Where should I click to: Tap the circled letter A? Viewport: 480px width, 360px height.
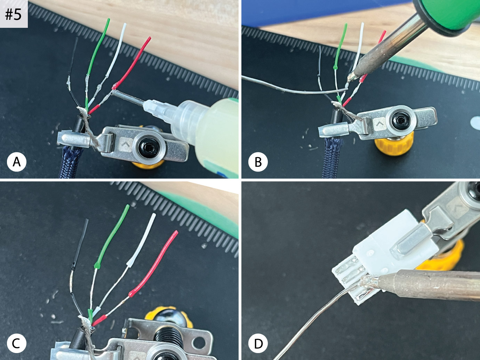pyautogui.click(x=17, y=162)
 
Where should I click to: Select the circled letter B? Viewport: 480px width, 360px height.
pyautogui.click(x=258, y=162)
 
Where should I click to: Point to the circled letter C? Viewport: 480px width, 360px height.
pyautogui.click(x=17, y=343)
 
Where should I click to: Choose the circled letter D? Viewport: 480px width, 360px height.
pyautogui.click(x=258, y=343)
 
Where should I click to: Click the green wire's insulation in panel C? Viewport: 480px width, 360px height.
pyautogui.click(x=112, y=236)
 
